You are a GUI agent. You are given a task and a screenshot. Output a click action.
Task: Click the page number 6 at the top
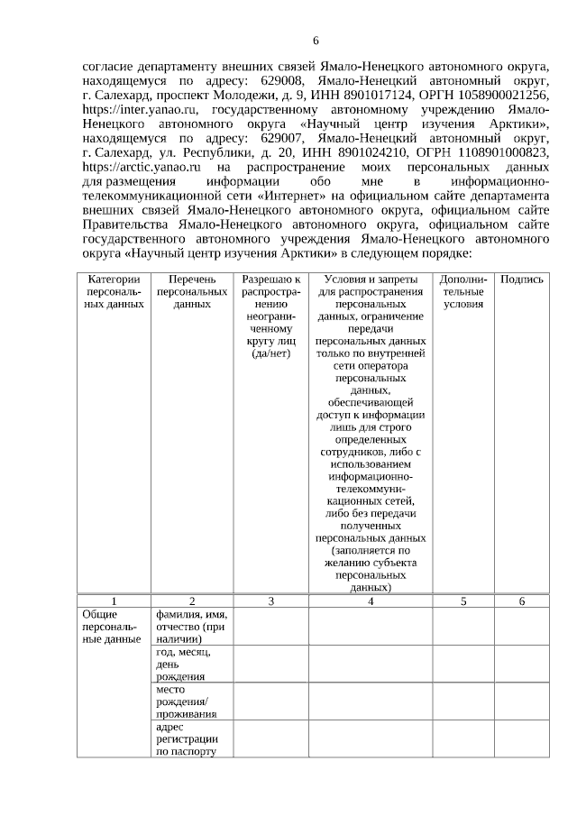(316, 41)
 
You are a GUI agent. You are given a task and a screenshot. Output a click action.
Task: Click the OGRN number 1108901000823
(501, 154)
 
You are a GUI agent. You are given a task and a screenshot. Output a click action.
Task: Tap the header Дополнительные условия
(463, 292)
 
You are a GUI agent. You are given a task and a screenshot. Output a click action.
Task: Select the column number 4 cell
(371, 601)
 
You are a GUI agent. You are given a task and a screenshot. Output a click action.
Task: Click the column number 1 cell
(114, 601)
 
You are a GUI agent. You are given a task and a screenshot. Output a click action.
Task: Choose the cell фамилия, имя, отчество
(191, 627)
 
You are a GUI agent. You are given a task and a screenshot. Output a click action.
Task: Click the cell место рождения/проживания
(187, 701)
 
